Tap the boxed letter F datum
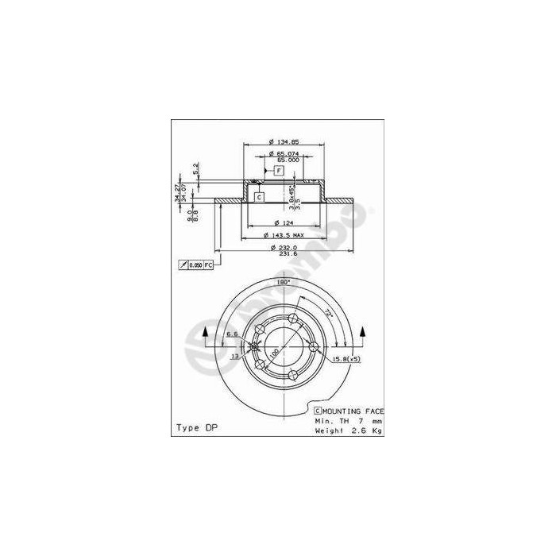pyautogui.click(x=280, y=171)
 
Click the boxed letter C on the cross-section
pyautogui.click(x=259, y=196)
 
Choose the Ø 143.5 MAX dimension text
pyautogui.click(x=283, y=235)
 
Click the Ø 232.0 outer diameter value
pyautogui.click(x=283, y=247)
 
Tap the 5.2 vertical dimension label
pyautogui.click(x=195, y=168)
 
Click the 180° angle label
pyautogui.click(x=284, y=282)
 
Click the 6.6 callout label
pyautogui.click(x=232, y=334)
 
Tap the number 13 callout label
pyautogui.click(x=235, y=357)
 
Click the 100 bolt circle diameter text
pyautogui.click(x=273, y=352)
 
